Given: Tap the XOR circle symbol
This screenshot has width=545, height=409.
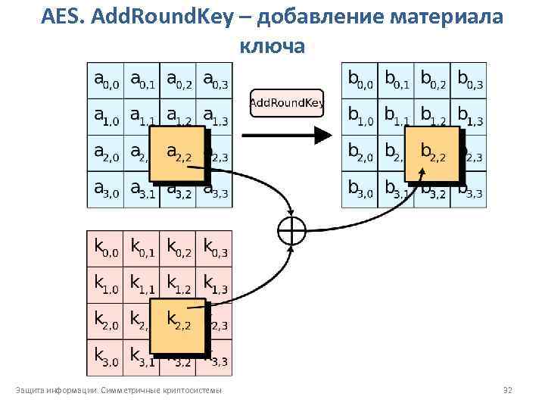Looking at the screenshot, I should pos(292,231).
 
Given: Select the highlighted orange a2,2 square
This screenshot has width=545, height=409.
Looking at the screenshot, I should pos(178,155).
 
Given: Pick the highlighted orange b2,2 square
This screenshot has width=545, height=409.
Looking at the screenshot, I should pos(432,155).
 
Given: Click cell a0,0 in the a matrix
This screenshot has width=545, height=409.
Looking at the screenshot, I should pos(105,80).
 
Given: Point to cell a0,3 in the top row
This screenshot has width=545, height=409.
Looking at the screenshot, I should pos(215,80).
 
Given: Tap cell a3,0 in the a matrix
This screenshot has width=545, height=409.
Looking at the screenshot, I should pos(105,189).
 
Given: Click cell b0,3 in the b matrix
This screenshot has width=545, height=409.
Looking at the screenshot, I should pos(470,80).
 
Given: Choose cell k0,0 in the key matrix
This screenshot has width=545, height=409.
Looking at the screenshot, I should pos(105,248).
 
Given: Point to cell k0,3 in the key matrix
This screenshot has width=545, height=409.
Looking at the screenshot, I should pos(215,248).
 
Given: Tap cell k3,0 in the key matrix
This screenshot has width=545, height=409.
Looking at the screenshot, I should pos(105,356).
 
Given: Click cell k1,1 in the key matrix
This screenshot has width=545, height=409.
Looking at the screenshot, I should pos(142,285).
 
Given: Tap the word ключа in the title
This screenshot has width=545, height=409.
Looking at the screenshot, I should pos(272,45).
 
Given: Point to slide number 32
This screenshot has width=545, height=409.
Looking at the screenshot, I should pos(508,391).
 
